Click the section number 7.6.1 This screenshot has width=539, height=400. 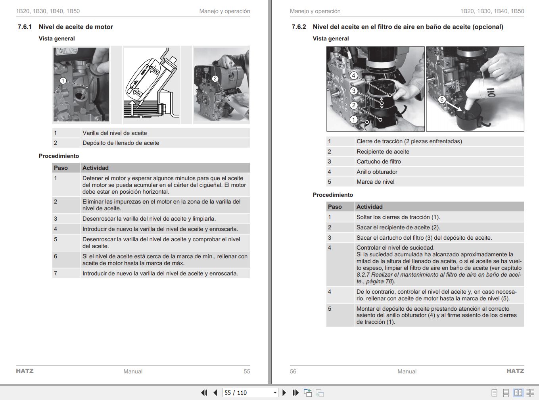(25, 27)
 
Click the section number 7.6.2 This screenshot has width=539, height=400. (299, 27)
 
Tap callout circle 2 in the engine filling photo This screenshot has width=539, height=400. (215, 79)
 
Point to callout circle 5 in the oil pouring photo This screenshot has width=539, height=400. (442, 100)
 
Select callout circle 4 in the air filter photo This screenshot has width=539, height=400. (354, 75)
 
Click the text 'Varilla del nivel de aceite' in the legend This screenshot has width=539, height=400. (115, 133)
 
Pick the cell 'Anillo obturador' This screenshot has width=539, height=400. (377, 172)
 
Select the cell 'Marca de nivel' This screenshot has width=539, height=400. (375, 182)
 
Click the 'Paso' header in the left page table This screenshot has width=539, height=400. (61, 168)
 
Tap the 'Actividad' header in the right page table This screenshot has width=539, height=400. (369, 207)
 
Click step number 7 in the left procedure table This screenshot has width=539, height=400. (56, 273)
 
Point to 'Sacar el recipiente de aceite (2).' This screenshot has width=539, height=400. (398, 227)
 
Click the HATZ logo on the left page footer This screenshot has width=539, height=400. (25, 371)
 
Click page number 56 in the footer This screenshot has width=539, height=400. (293, 371)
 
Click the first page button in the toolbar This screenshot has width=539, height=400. (204, 392)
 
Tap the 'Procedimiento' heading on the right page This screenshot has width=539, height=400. (333, 195)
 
